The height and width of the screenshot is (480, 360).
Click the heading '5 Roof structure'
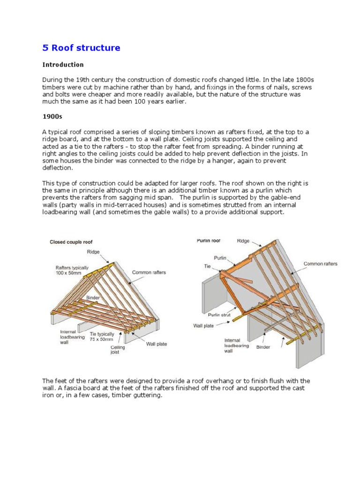(x=81, y=48)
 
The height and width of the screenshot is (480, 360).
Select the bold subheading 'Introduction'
(x=63, y=65)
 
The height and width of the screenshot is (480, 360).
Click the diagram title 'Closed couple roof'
(x=71, y=242)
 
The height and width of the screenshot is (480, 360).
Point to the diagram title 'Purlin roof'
(x=209, y=240)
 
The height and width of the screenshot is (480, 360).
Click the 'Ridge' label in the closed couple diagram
(x=94, y=251)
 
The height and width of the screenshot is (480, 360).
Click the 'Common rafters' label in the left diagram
(x=149, y=272)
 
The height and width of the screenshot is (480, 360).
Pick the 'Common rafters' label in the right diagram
(x=320, y=264)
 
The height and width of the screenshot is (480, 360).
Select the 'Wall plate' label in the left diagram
(x=156, y=344)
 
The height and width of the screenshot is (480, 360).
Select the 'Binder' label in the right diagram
(x=263, y=347)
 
